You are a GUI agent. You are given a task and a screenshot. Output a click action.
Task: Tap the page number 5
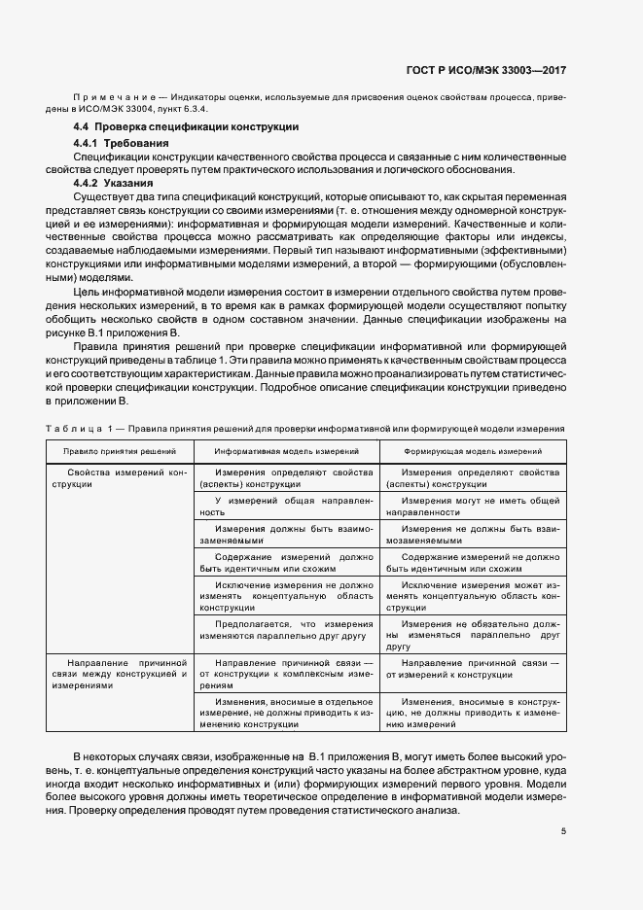point(563,829)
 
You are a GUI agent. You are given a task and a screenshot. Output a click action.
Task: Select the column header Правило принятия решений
point(119,451)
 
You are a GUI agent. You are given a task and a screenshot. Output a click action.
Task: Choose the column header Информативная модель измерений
point(286,451)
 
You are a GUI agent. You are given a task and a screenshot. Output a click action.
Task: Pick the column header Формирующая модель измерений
point(474,451)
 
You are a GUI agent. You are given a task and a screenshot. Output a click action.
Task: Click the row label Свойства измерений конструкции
point(119,477)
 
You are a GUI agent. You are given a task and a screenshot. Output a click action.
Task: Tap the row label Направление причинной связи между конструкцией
point(119,672)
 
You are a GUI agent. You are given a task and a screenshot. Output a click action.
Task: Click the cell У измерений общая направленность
point(286,505)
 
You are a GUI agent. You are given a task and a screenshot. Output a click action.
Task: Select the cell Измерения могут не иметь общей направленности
point(473,505)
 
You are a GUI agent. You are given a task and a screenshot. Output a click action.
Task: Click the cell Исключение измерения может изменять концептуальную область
point(473,595)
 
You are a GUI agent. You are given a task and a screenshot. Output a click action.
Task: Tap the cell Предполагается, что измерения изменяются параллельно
point(286,629)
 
